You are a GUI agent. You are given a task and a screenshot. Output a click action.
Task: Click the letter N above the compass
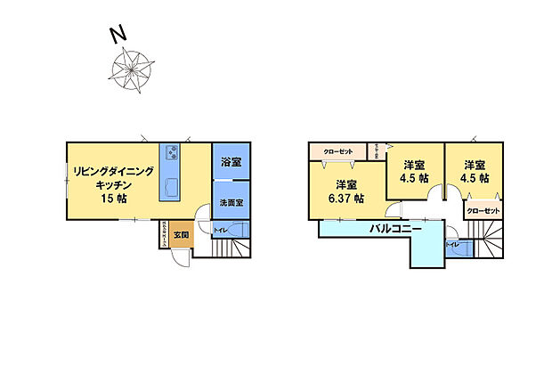click(x=116, y=35)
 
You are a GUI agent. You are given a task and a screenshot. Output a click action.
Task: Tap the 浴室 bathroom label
click(x=231, y=163)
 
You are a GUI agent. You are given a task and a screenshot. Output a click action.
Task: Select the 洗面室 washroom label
click(x=231, y=203)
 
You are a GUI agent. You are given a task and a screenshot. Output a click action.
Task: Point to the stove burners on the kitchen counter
click(x=171, y=152)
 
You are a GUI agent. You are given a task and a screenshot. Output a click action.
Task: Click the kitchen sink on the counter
click(x=171, y=187)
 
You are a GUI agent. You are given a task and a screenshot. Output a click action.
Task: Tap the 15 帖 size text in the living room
click(x=114, y=198)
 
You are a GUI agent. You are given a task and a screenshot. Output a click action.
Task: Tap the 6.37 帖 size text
click(x=346, y=199)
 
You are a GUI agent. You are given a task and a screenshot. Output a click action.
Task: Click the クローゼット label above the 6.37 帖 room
click(x=339, y=151)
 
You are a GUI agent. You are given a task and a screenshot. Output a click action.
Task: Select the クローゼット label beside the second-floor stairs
click(x=482, y=211)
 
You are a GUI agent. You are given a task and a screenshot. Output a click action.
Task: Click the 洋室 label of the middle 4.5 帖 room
click(x=413, y=164)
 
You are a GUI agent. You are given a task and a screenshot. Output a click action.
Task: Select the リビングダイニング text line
click(x=112, y=171)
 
